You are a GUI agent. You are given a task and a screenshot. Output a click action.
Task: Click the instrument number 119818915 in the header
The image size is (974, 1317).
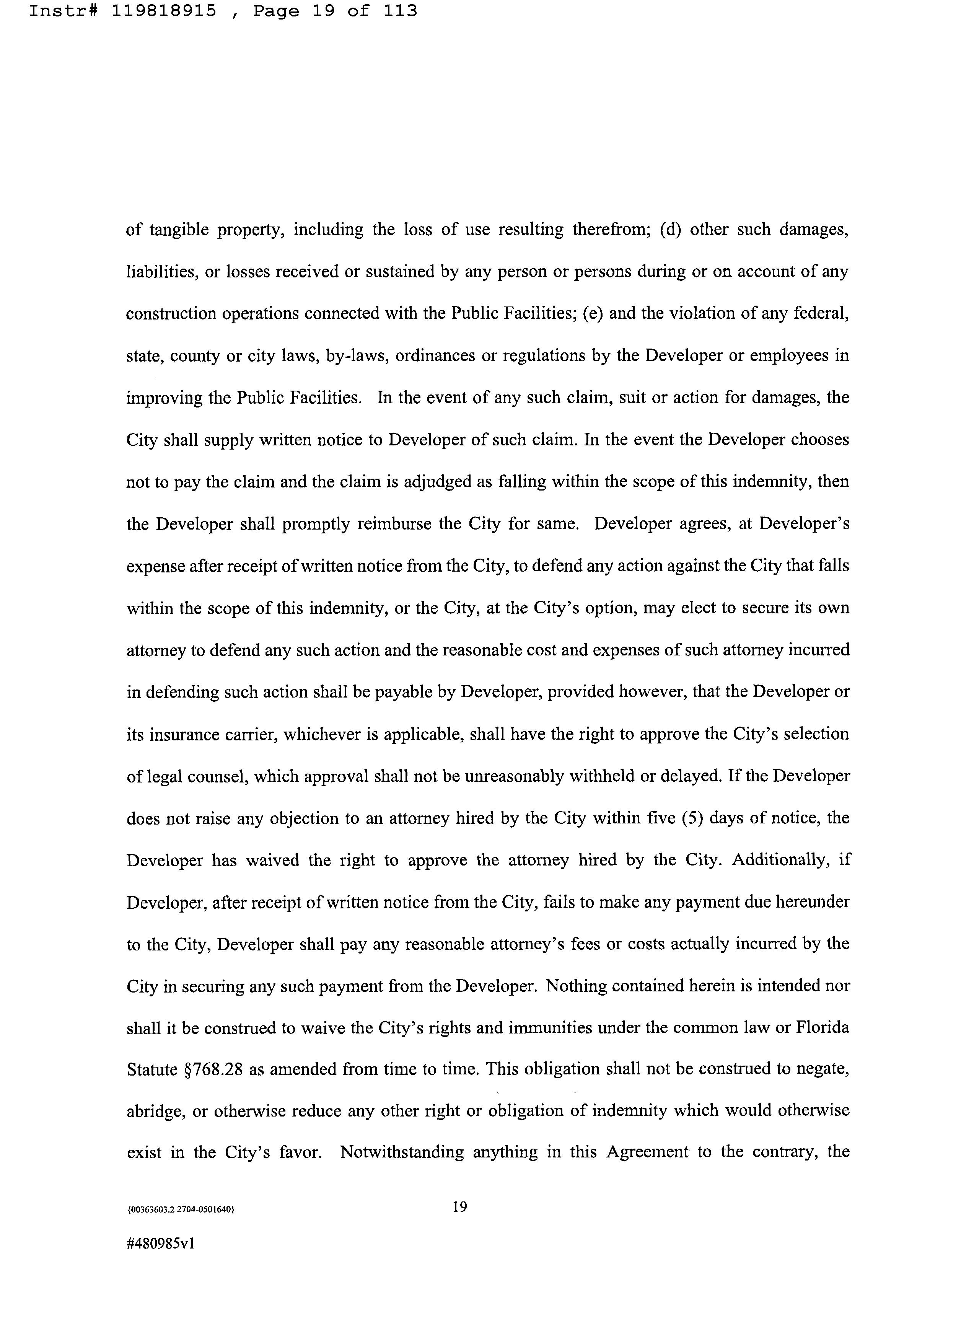click(x=163, y=11)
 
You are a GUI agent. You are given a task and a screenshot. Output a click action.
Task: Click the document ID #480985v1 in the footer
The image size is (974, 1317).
click(x=160, y=1244)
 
